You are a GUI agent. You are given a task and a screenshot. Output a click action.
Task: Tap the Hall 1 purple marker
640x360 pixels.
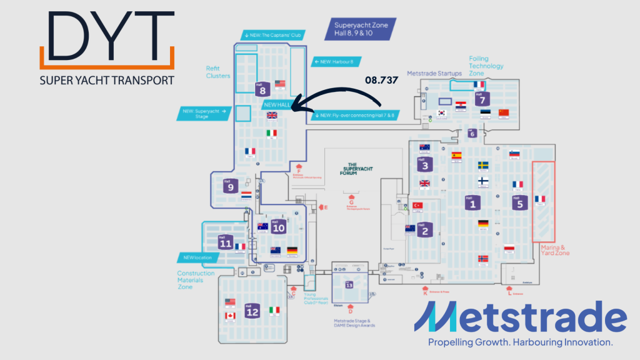click(472, 202)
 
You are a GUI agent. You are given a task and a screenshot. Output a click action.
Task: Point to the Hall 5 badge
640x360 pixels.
click(517, 202)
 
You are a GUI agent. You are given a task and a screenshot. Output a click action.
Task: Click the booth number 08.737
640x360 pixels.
click(382, 81)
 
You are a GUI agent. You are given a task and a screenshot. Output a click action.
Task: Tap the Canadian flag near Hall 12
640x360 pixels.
click(230, 316)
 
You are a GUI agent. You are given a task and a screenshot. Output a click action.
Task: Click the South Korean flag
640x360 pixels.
click(441, 114)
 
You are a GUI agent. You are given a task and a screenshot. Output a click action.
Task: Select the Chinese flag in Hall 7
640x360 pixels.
click(504, 112)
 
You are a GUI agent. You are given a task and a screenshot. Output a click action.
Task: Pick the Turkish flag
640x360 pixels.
click(417, 206)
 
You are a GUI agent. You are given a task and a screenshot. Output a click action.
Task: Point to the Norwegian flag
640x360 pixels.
click(482, 259)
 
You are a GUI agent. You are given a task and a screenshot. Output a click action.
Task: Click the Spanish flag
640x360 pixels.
click(456, 155)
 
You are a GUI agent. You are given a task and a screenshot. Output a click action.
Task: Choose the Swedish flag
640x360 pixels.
click(483, 165)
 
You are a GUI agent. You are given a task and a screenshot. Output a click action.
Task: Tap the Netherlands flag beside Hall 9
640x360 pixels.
click(246, 195)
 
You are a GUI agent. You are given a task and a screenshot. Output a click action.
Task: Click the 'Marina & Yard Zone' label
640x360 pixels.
click(553, 251)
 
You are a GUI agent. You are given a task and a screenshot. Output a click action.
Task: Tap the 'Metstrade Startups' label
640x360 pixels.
click(434, 73)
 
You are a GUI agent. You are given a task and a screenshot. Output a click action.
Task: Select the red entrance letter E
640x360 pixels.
click(325, 207)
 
